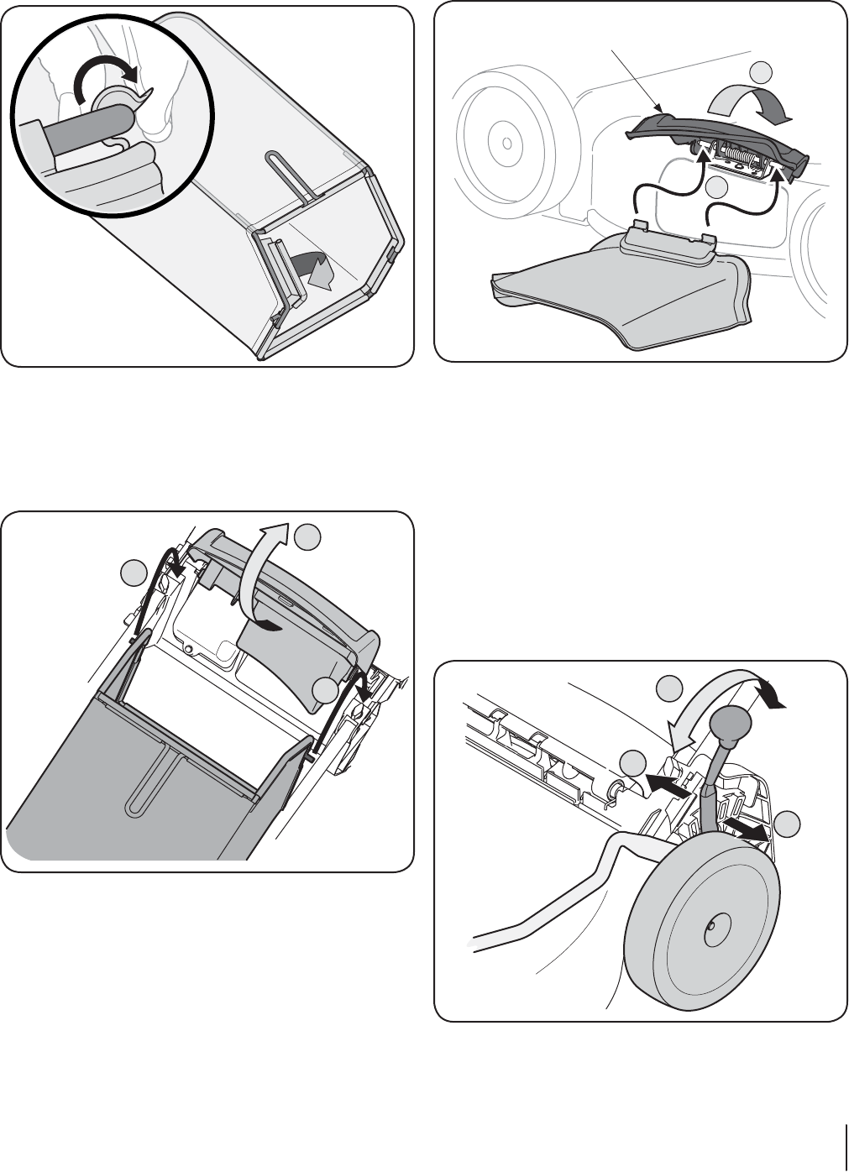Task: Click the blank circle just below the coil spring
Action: (x=715, y=187)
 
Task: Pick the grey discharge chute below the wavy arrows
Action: (x=621, y=285)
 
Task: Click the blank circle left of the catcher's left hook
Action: (x=133, y=573)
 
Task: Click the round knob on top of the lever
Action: (x=729, y=723)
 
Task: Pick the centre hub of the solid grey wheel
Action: (x=711, y=924)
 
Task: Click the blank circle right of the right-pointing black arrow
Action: (x=787, y=824)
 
